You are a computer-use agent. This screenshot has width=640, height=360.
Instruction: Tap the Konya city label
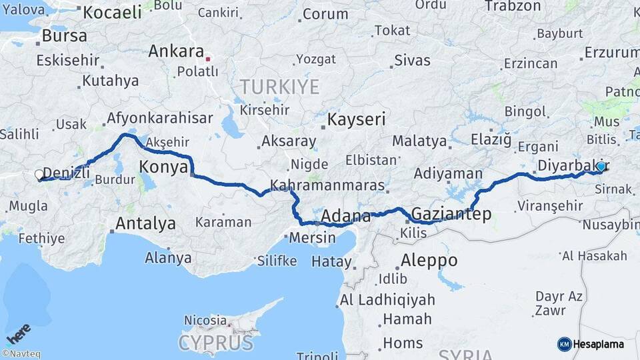[x=163, y=167]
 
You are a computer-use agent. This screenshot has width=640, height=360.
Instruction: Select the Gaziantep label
[x=451, y=214]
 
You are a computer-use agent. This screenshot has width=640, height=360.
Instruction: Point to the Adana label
[x=345, y=217]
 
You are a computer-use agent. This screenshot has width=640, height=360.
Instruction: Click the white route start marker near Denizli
[x=39, y=175]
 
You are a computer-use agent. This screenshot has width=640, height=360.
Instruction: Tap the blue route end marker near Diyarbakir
[x=601, y=166]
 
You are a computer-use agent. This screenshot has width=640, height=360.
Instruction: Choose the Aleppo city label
[x=429, y=260]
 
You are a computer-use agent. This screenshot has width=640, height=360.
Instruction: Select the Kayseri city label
[x=357, y=120]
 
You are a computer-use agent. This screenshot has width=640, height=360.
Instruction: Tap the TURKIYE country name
[x=279, y=87]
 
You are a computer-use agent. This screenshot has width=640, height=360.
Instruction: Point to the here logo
[x=19, y=331]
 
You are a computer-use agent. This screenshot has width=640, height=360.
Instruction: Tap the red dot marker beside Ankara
[x=208, y=59]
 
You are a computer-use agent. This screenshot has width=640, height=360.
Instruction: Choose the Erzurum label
[x=611, y=52]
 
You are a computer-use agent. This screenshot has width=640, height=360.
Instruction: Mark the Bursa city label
[x=64, y=36]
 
